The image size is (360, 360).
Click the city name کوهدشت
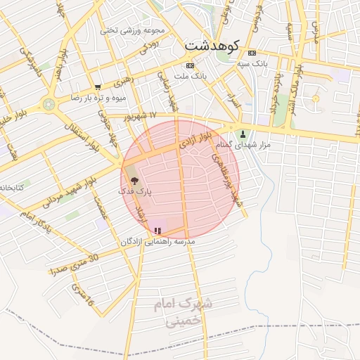(x=212, y=45)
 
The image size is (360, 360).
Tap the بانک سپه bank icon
(x=252, y=53)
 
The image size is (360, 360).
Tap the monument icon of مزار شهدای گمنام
(x=243, y=134)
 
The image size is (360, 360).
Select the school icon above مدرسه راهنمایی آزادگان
(x=157, y=230)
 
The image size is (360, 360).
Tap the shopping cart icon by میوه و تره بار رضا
(x=98, y=87)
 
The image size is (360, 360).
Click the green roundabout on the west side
(x=49, y=105)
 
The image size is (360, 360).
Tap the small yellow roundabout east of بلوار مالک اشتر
(x=316, y=98)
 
